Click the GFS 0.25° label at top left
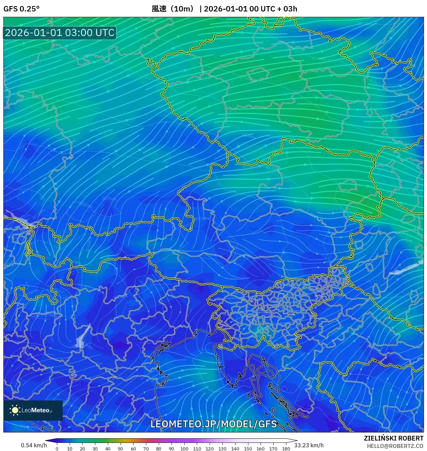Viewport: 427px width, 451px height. coord(21,9)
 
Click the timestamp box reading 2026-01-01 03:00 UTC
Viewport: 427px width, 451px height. coord(60,33)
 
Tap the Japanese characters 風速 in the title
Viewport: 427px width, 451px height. coord(159,9)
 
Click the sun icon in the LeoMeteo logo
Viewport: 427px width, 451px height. coord(15,410)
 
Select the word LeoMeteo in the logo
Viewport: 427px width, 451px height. coord(35,410)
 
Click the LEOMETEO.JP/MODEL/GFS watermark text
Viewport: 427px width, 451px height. coord(213,424)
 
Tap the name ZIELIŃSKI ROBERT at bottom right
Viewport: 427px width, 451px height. coord(393,438)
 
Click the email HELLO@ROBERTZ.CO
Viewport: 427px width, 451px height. coord(395,446)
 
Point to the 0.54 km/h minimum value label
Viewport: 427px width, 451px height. coord(34,445)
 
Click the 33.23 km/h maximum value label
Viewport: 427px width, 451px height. coord(309,445)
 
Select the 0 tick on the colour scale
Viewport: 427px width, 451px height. coord(57,448)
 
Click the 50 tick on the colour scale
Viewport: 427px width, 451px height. coord(120,448)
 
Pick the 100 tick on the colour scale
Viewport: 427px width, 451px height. coord(184,448)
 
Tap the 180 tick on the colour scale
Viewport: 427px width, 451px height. coord(286,448)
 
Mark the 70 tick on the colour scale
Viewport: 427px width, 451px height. coord(146,448)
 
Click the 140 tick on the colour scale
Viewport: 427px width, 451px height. coord(235,448)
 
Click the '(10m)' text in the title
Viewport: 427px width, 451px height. coord(182,9)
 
